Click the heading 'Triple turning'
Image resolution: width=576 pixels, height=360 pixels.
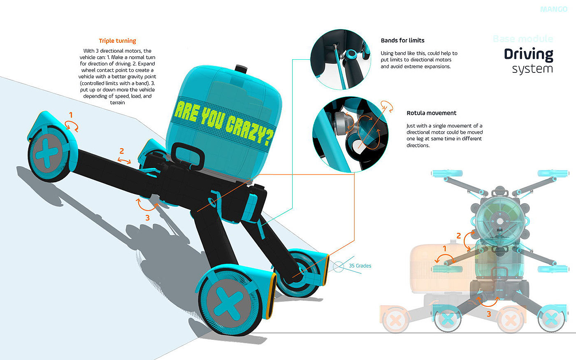tap(117, 41)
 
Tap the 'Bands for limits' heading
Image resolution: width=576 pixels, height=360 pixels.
tap(402, 40)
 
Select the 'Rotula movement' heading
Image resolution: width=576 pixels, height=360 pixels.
tap(431, 113)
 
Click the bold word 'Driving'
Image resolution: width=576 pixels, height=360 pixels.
tap(528, 54)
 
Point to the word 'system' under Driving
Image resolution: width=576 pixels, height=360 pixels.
tap(532, 69)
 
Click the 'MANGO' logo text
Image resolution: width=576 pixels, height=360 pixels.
tap(553, 9)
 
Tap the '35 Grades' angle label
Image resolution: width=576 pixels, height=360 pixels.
tap(360, 266)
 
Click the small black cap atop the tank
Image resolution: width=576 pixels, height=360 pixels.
tap(239, 68)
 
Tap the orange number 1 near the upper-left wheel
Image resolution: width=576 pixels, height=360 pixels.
tap(71, 115)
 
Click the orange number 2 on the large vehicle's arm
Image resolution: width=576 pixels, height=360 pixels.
tap(122, 151)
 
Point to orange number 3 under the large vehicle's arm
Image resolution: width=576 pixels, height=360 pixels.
tap(147, 218)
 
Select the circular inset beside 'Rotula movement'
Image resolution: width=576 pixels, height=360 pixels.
tap(350, 135)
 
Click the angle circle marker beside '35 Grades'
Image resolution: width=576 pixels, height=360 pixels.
tap(339, 267)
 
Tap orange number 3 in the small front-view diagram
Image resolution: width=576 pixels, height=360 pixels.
tap(489, 314)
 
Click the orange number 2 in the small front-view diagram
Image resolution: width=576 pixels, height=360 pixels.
tap(459, 236)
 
